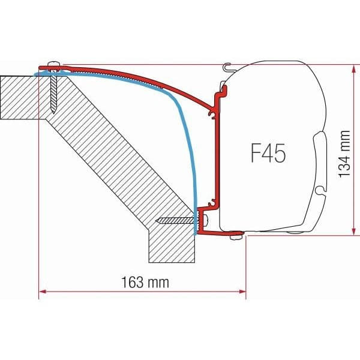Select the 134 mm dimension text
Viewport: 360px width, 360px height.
click(343, 155)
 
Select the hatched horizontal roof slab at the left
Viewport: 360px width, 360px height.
click(18, 96)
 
